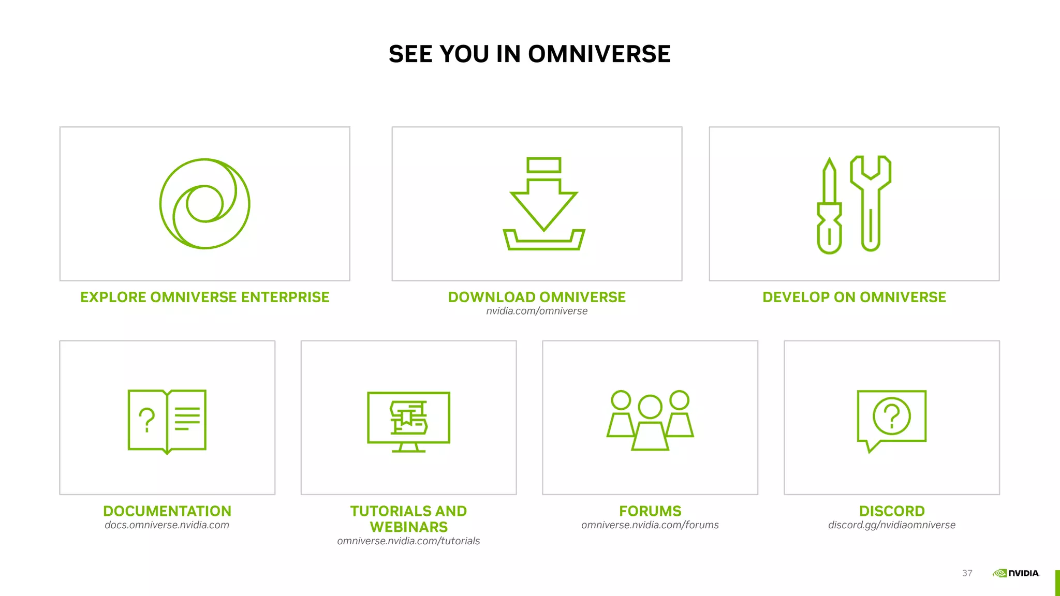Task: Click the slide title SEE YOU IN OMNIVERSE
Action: tap(529, 54)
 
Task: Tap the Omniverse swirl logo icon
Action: tap(205, 204)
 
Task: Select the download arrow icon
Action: tap(543, 204)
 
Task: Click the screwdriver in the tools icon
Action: tap(829, 207)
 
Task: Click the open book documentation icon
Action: tap(167, 421)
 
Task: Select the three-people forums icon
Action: tap(650, 420)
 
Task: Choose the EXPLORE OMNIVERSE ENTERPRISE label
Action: tap(205, 297)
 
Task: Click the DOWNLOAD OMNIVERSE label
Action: tap(537, 297)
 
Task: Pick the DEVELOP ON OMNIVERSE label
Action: tap(854, 297)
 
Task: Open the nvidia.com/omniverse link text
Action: tap(537, 311)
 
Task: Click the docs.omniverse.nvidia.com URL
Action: tap(167, 525)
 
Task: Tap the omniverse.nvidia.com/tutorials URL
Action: tap(408, 541)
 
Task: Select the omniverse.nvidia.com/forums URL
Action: tap(650, 525)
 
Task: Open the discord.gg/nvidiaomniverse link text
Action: tap(891, 525)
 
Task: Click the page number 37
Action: tap(967, 573)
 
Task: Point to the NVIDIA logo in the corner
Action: tap(1015, 573)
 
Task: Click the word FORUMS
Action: tap(650, 511)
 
